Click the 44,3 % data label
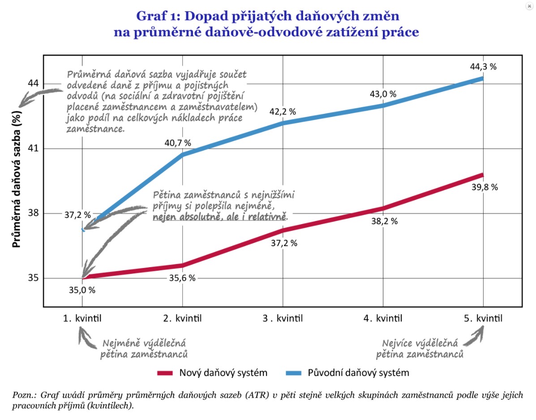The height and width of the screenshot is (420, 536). pyautogui.click(x=482, y=67)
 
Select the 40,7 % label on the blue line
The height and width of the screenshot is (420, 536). pyautogui.click(x=177, y=143)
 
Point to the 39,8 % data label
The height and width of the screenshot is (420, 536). pyautogui.click(x=484, y=187)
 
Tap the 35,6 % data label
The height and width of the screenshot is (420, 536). pyautogui.click(x=182, y=278)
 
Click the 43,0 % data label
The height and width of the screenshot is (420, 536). pyautogui.click(x=383, y=94)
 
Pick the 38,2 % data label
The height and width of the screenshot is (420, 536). pyautogui.click(x=384, y=221)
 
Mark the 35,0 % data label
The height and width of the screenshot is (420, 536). pyautogui.click(x=82, y=290)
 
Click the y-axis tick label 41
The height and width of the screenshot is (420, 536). pyautogui.click(x=33, y=148)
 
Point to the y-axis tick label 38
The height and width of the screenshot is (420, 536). pyautogui.click(x=33, y=213)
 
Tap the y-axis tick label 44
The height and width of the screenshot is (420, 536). pyautogui.click(x=33, y=84)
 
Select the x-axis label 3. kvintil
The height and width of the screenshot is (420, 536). pyautogui.click(x=283, y=319)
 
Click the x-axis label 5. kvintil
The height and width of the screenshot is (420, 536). pyautogui.click(x=482, y=319)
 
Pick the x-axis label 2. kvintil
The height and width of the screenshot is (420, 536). pyautogui.click(x=182, y=319)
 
